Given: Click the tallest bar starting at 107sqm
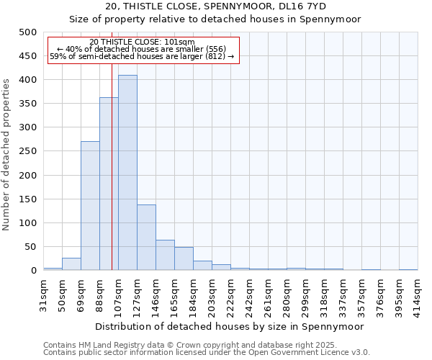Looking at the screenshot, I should pyautogui.click(x=127, y=173).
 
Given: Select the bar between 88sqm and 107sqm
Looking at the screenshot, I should pyautogui.click(x=109, y=184).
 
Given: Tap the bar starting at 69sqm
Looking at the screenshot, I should pyautogui.click(x=90, y=206).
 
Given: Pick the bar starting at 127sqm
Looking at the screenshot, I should pyautogui.click(x=146, y=238).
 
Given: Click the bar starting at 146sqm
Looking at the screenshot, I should pyautogui.click(x=165, y=255).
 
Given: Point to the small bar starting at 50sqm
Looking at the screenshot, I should pyautogui.click(x=71, y=264).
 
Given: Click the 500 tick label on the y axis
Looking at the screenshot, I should pyautogui.click(x=27, y=32).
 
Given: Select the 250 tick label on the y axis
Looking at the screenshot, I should pyautogui.click(x=27, y=151).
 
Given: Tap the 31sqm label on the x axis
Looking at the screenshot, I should pyautogui.click(x=43, y=294).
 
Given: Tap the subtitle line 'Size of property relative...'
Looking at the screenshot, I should pyautogui.click(x=215, y=19).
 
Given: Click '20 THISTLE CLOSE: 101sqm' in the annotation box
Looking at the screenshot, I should pyautogui.click(x=142, y=42).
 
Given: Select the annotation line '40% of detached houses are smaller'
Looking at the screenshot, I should pyautogui.click(x=142, y=49).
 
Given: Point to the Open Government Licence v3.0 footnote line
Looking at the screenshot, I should pyautogui.click(x=206, y=352).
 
